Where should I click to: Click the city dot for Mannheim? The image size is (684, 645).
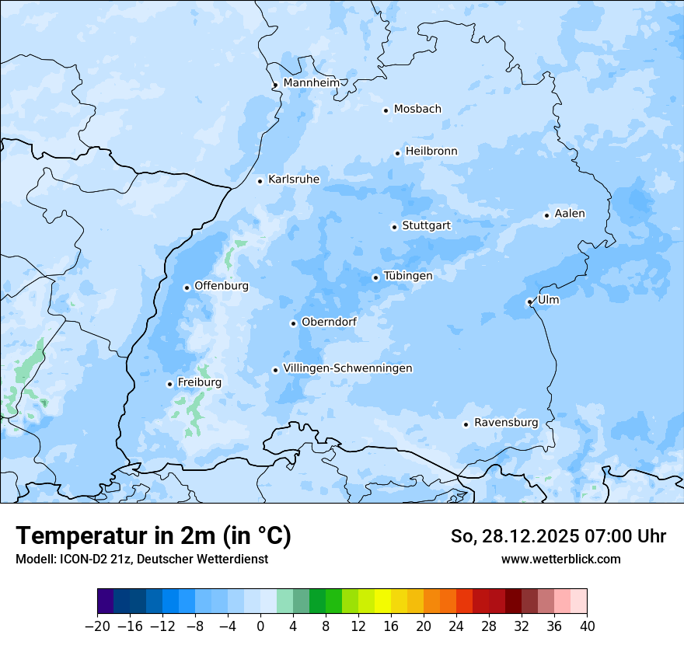click(275, 85)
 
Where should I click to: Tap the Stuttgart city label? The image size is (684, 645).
click(426, 226)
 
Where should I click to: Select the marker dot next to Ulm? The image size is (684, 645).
click(529, 302)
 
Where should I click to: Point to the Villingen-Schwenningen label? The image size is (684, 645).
click(347, 368)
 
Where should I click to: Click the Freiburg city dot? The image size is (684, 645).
click(169, 384)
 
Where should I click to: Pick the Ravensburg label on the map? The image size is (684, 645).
click(505, 423)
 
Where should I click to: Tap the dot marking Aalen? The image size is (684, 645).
click(546, 215)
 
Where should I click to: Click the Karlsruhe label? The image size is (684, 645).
click(293, 180)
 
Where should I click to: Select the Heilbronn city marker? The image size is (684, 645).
click(397, 153)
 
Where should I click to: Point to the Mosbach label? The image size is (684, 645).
click(417, 110)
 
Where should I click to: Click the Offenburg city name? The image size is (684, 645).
click(221, 286)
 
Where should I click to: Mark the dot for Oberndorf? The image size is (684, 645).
click(293, 323)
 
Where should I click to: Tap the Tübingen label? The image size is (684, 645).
click(408, 276)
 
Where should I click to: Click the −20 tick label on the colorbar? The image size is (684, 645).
click(97, 626)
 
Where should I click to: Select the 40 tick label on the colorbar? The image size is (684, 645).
click(587, 626)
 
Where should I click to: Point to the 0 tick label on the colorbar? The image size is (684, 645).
click(260, 626)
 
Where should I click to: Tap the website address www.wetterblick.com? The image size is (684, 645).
click(560, 560)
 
